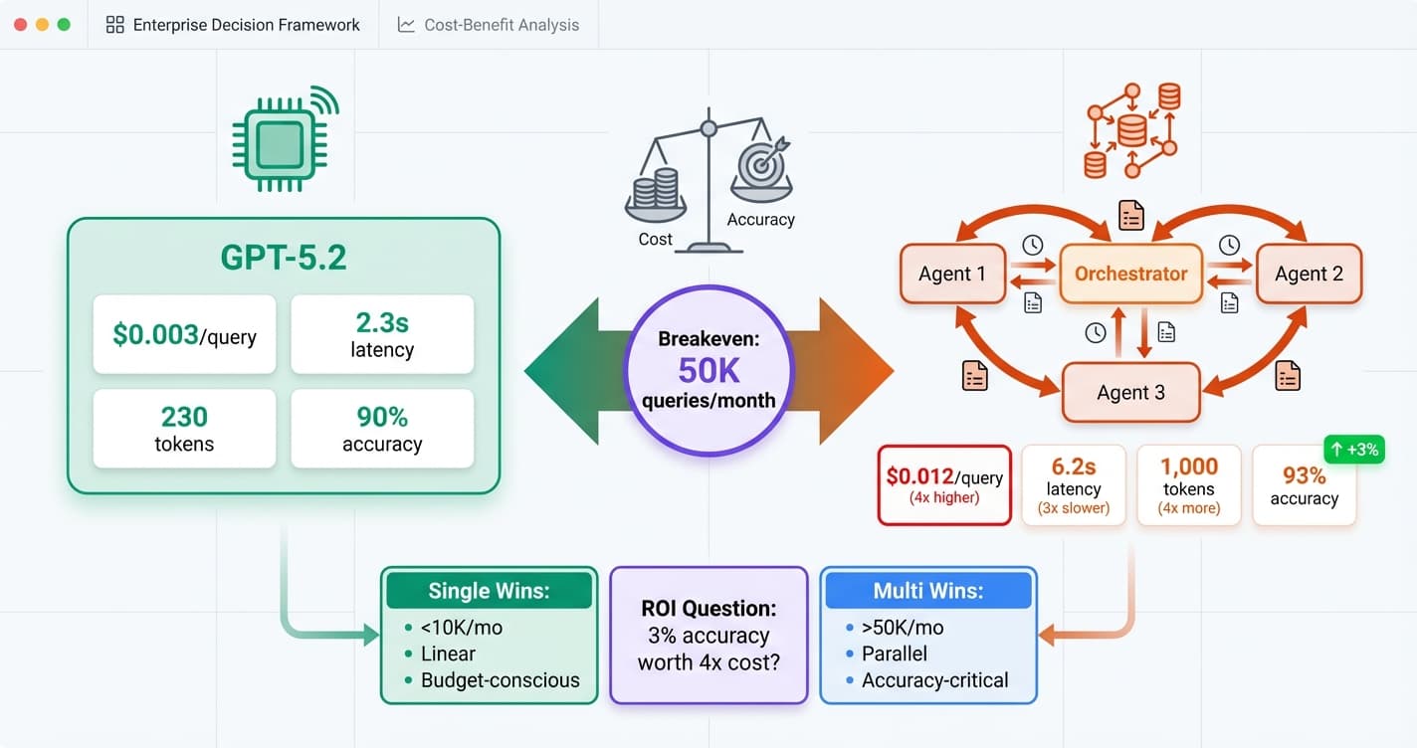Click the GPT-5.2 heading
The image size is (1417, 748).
click(283, 258)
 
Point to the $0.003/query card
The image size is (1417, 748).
click(184, 334)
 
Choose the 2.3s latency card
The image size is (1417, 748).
click(382, 334)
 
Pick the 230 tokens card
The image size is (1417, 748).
click(184, 429)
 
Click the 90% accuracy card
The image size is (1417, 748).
click(382, 429)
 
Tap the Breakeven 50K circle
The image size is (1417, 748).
click(708, 370)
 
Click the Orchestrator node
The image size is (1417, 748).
click(1130, 274)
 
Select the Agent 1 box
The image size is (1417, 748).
click(951, 274)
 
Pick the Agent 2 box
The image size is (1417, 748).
click(1309, 274)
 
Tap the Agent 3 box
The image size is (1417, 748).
click(1130, 392)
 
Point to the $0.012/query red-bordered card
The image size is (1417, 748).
click(944, 484)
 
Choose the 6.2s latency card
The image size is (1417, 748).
click(1074, 484)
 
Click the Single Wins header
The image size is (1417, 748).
click(489, 591)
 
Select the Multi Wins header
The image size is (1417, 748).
click(927, 591)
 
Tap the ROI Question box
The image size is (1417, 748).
click(708, 636)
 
